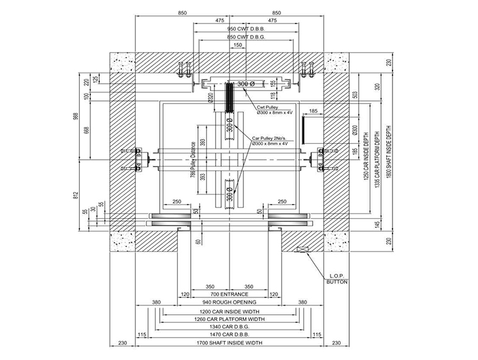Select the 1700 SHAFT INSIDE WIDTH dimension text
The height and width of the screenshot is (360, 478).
point(228,343)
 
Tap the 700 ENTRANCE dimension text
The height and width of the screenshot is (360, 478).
point(228,294)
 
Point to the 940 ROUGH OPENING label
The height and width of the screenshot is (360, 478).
point(228,302)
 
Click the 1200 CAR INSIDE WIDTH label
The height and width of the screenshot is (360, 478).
point(228,312)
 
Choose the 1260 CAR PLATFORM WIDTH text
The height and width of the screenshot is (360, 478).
point(228,320)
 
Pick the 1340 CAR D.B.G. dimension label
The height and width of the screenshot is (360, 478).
point(228,327)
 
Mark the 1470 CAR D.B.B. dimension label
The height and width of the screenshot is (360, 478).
point(228,335)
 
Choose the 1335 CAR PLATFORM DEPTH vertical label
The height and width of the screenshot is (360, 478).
point(377,156)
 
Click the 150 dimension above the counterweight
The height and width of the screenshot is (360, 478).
point(238,46)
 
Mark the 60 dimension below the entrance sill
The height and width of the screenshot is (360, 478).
point(198,241)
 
